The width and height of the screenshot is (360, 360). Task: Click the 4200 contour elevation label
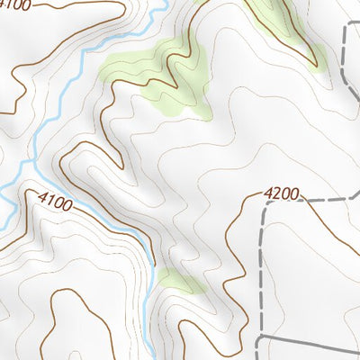(x=282, y=193)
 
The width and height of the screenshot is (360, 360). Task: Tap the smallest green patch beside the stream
(x=178, y=283)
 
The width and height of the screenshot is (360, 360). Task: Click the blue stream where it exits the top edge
(x=163, y=4)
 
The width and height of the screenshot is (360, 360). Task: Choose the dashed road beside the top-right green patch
(x=346, y=54)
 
